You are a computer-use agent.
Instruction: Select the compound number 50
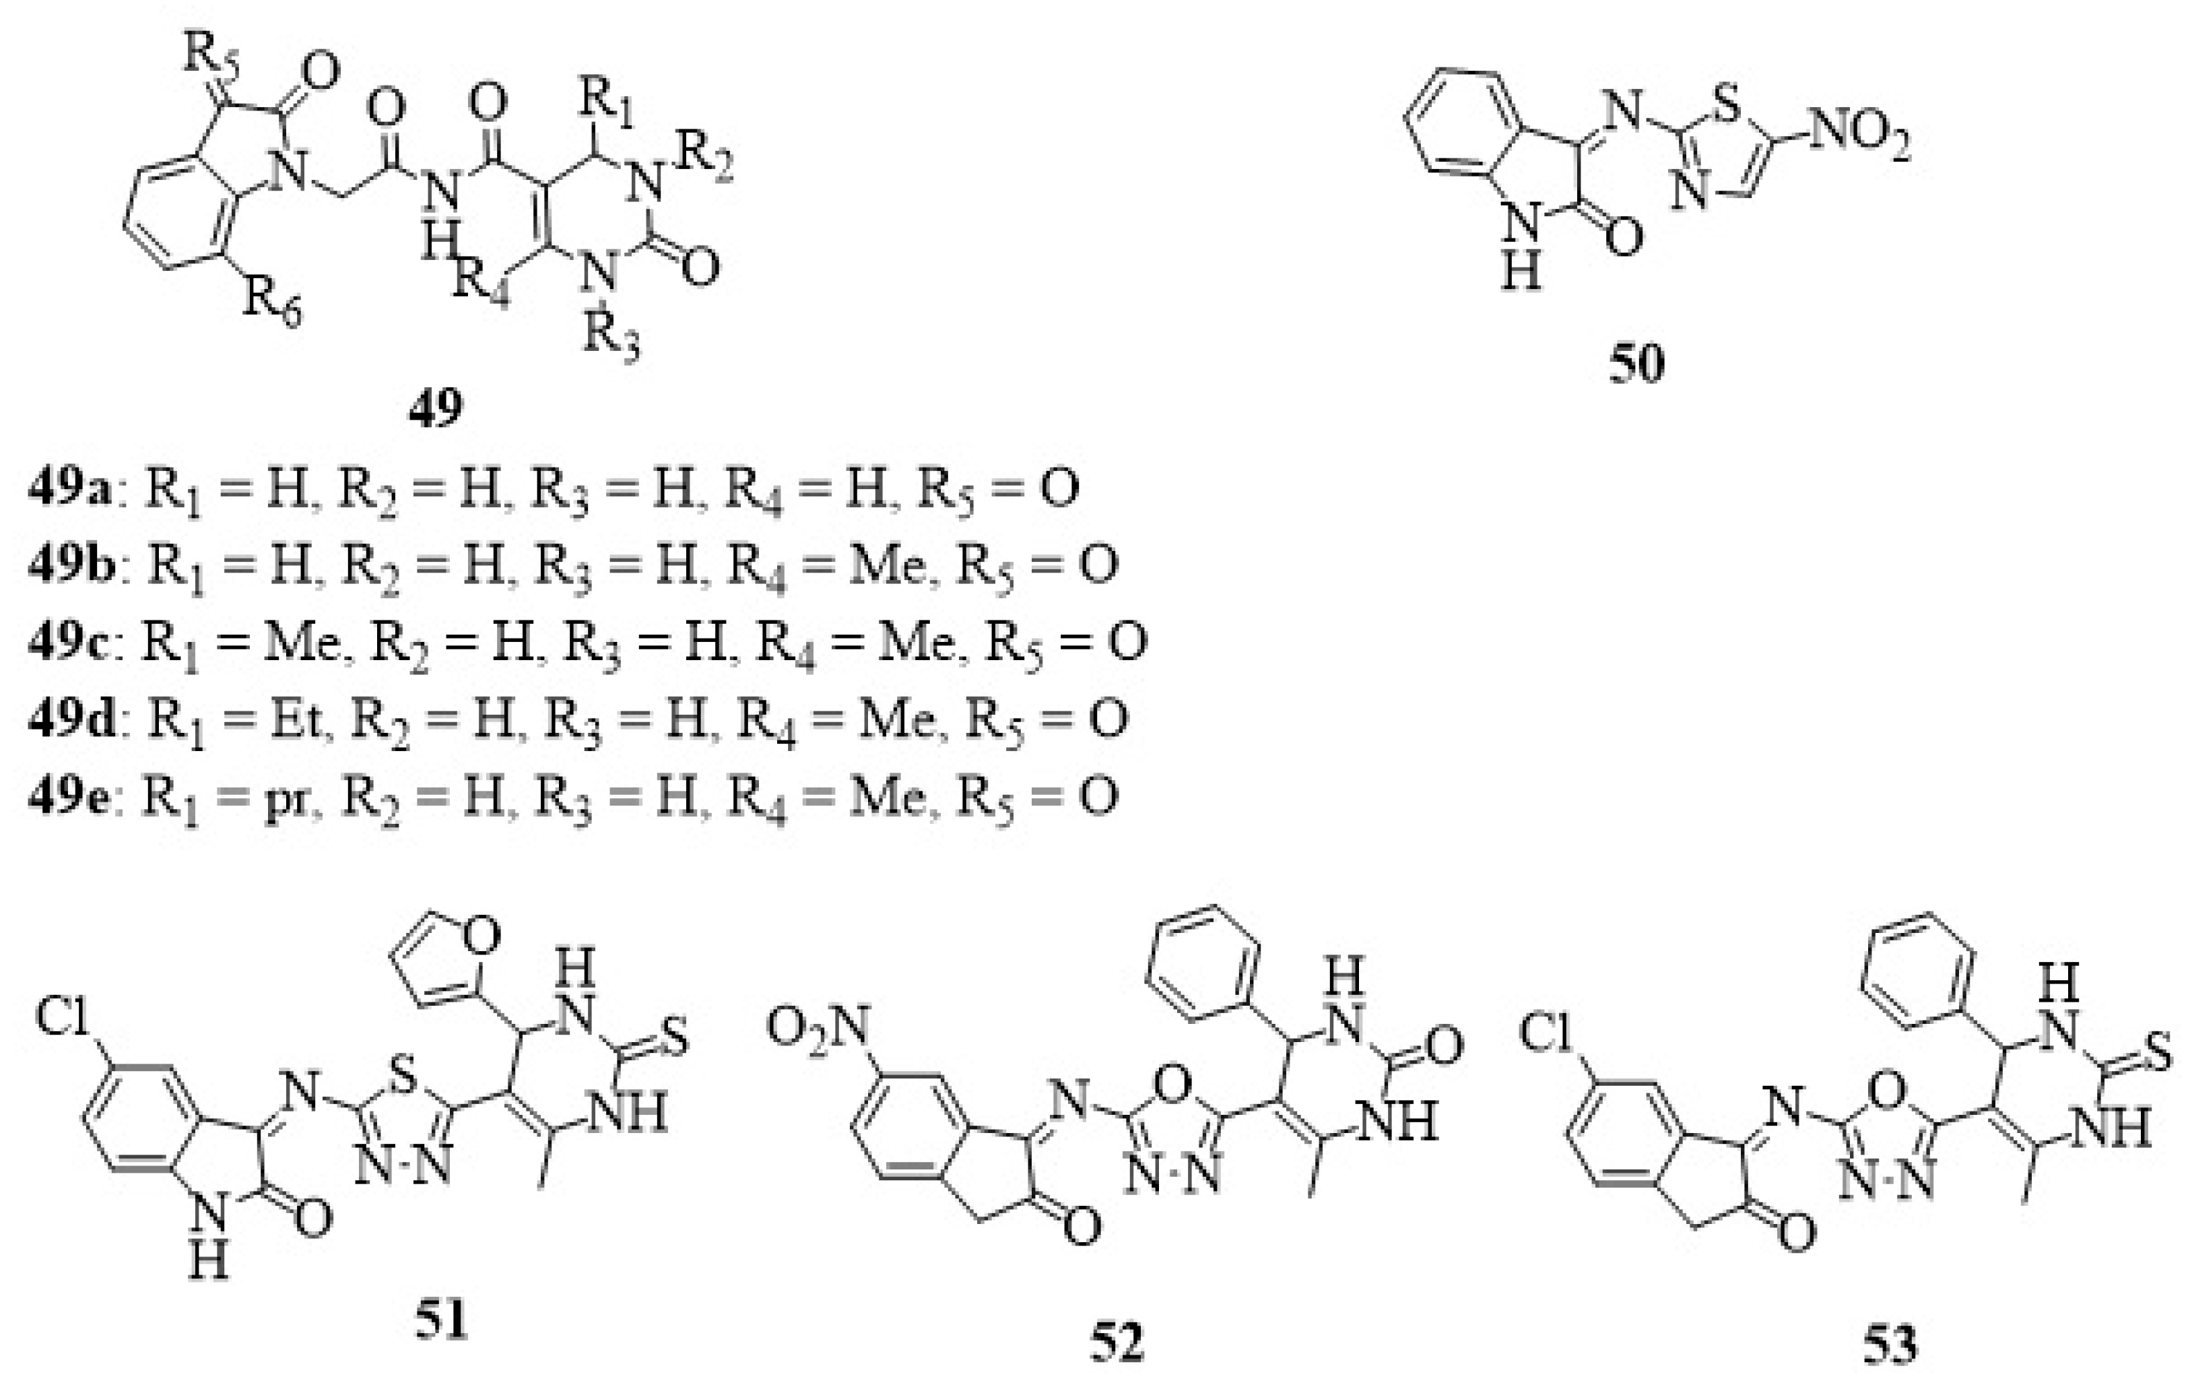tap(1636, 364)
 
